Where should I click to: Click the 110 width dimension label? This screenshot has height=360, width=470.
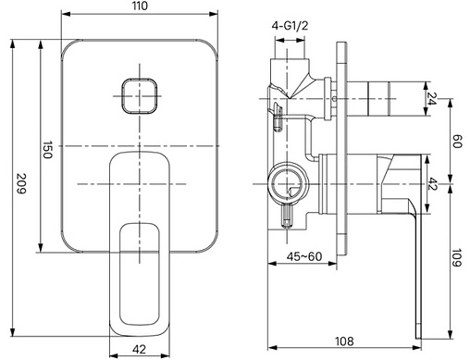pyautogui.click(x=141, y=6)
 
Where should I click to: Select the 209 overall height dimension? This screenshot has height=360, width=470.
pyautogui.click(x=21, y=183)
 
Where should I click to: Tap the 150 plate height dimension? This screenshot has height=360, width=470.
pyautogui.click(x=47, y=150)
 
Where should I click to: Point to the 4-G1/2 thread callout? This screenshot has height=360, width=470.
pyautogui.click(x=290, y=26)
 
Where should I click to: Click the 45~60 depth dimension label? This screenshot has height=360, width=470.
pyautogui.click(x=304, y=256)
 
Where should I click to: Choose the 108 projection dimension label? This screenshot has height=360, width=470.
pyautogui.click(x=344, y=341)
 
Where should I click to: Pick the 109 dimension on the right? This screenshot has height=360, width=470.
pyautogui.click(x=456, y=257)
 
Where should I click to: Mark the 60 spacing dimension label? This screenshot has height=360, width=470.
pyautogui.click(x=456, y=141)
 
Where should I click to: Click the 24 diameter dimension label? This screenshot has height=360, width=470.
pyautogui.click(x=432, y=99)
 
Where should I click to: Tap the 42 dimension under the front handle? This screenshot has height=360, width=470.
pyautogui.click(x=139, y=349)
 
